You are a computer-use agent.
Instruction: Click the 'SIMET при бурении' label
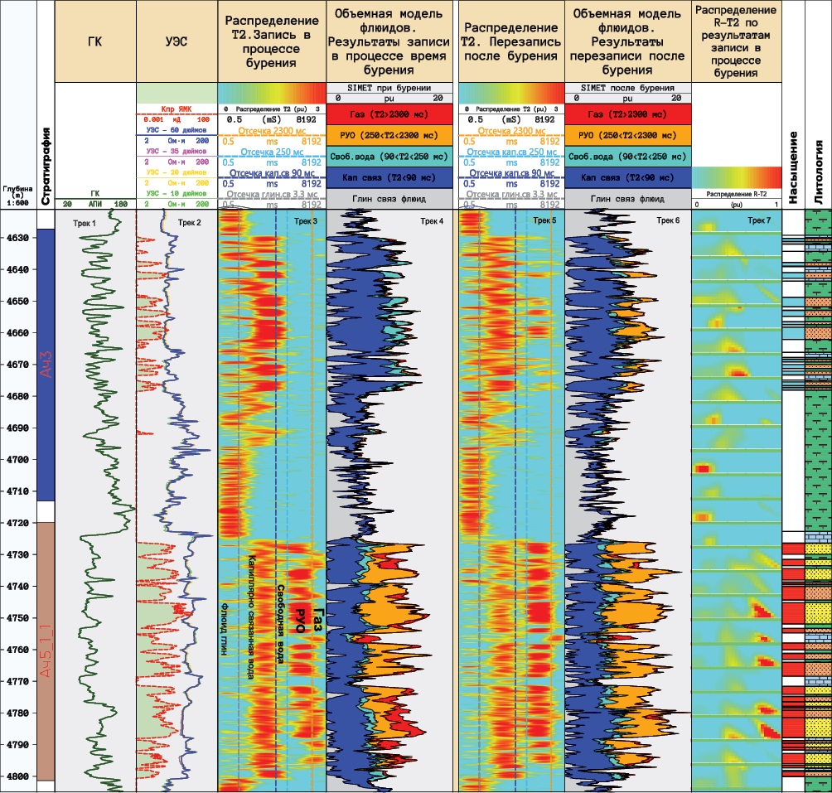coord(389,87)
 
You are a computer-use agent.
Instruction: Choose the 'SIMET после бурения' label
coord(626,87)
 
